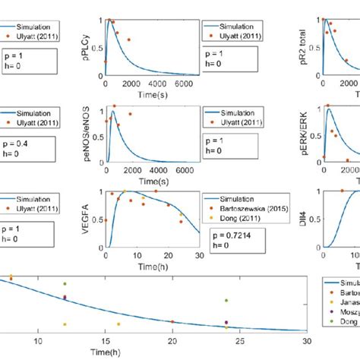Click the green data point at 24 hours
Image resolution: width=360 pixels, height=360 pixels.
(x=226, y=301)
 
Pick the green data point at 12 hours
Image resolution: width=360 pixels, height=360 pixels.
(x=65, y=284)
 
